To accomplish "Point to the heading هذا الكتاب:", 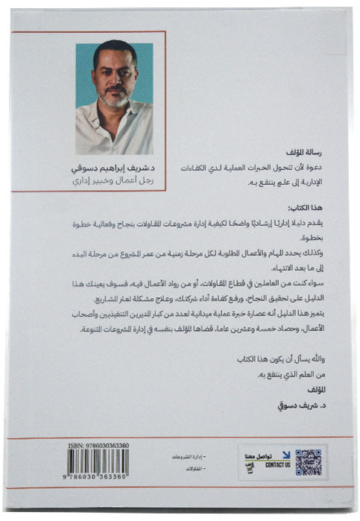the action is [x=309, y=206].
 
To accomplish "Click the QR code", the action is [x=308, y=462].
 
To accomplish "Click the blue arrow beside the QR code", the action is [x=286, y=453].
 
